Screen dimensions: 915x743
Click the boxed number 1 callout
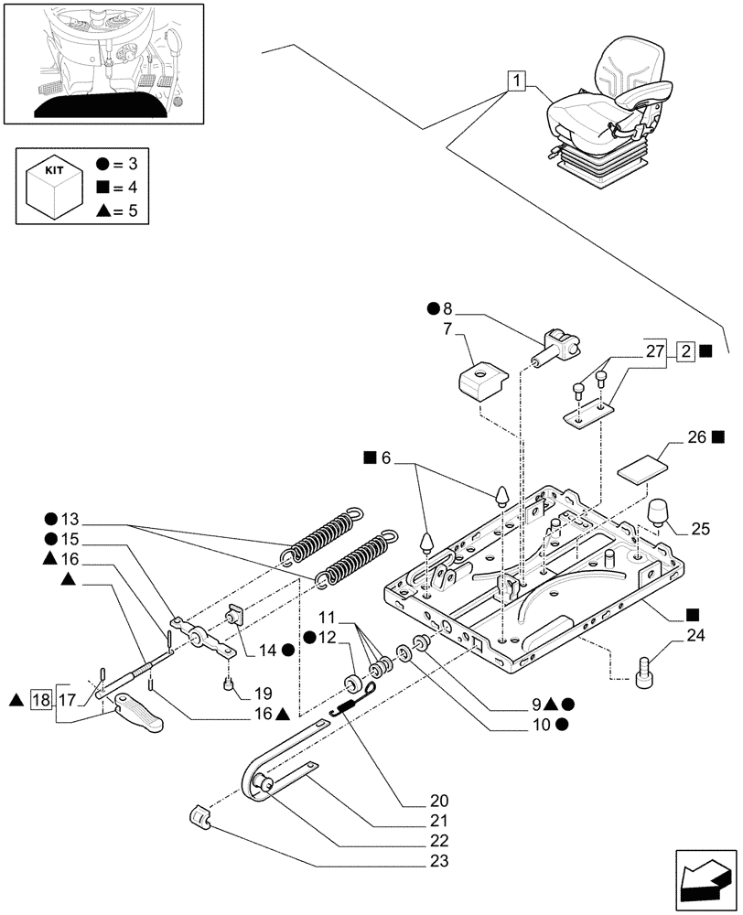click(x=517, y=81)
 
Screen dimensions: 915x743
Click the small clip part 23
click(x=200, y=816)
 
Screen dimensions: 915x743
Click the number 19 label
click(x=264, y=693)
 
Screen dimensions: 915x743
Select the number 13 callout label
click(x=72, y=516)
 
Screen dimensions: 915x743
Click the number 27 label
click(x=655, y=350)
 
